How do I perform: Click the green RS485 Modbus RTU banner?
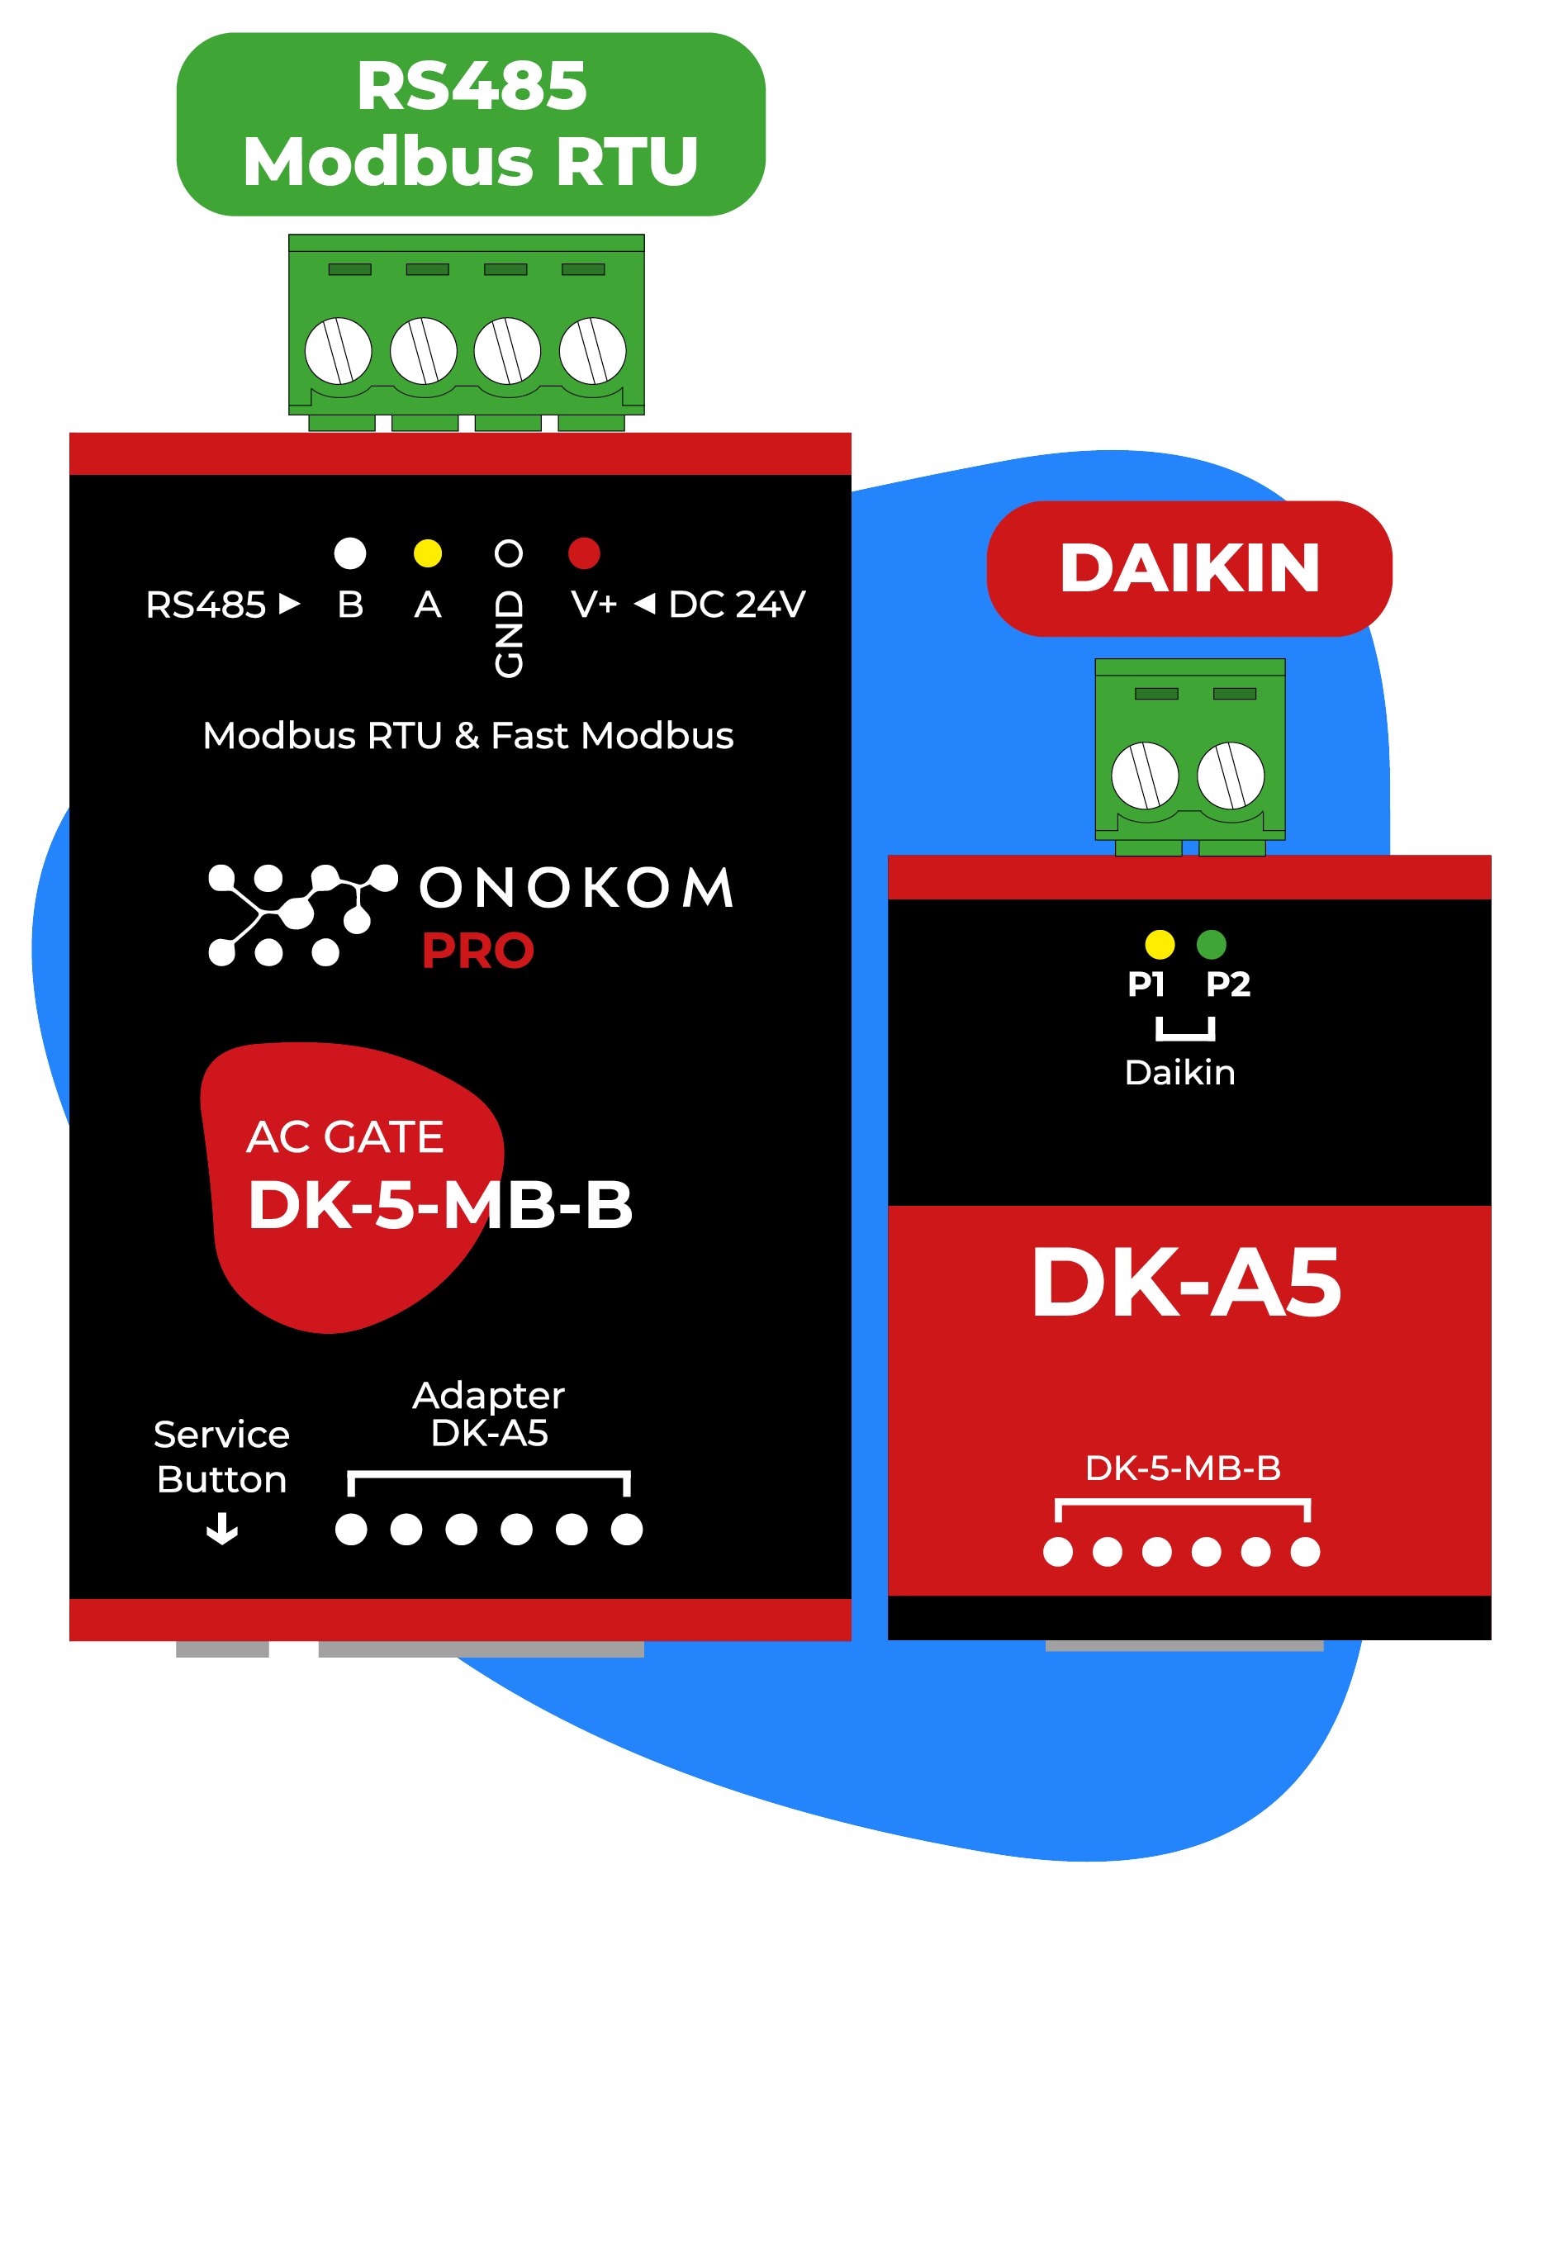(469, 124)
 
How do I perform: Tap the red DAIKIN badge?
(1189, 568)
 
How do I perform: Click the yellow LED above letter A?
(427, 553)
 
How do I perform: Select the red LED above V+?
(584, 553)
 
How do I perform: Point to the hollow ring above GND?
(507, 553)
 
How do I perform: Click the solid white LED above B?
(350, 553)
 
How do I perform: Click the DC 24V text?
(736, 604)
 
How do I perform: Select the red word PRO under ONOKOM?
(477, 950)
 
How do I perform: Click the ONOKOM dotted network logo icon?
(301, 915)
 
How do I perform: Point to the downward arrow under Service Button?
(222, 1529)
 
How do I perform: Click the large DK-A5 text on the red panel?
(1186, 1283)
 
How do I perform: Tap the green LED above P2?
(1210, 944)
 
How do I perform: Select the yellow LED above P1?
(1160, 944)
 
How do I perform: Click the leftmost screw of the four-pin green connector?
(338, 351)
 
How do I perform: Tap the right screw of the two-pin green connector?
(1230, 775)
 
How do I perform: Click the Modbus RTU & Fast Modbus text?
(467, 736)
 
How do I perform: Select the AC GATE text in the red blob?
(344, 1136)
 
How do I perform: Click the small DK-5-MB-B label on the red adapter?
(1182, 1467)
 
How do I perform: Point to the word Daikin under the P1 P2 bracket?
(1179, 1072)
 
